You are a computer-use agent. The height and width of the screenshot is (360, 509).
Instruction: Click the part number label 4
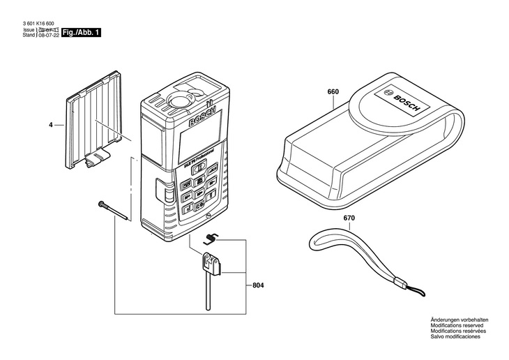click(x=50, y=126)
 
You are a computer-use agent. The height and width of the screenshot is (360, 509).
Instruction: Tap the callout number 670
click(x=349, y=218)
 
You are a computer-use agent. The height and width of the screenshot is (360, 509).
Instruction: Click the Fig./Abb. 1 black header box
click(x=81, y=33)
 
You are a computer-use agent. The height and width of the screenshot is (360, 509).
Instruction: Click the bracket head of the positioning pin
click(x=211, y=263)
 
